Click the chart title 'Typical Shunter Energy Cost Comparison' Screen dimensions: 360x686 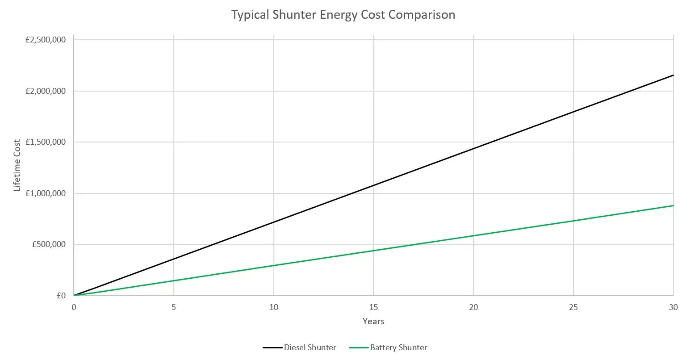pyautogui.click(x=343, y=15)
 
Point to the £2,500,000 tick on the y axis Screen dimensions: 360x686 pyautogui.click(x=46, y=40)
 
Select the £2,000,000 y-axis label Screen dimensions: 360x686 pyautogui.click(x=46, y=91)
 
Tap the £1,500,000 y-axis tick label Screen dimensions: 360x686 pyautogui.click(x=46, y=142)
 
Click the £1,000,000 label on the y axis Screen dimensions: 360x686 pyautogui.click(x=46, y=193)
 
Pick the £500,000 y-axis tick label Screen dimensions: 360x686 pyautogui.click(x=48, y=244)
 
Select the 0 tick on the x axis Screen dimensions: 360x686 pyautogui.click(x=74, y=307)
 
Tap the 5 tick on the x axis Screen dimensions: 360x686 pyautogui.click(x=174, y=307)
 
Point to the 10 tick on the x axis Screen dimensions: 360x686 pyautogui.click(x=274, y=307)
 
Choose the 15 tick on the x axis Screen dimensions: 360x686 pyautogui.click(x=373, y=307)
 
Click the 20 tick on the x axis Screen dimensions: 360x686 pyautogui.click(x=473, y=307)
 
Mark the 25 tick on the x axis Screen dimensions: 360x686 pyautogui.click(x=573, y=307)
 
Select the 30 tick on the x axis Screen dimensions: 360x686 pyautogui.click(x=673, y=307)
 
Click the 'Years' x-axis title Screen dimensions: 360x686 pyautogui.click(x=373, y=321)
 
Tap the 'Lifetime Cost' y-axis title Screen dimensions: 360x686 pyautogui.click(x=17, y=165)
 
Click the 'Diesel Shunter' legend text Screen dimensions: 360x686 pyautogui.click(x=310, y=347)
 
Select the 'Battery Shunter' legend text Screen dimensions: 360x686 pyautogui.click(x=398, y=347)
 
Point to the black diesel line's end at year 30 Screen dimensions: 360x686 pyautogui.click(x=673, y=75)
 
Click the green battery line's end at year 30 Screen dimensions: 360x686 pyautogui.click(x=673, y=205)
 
